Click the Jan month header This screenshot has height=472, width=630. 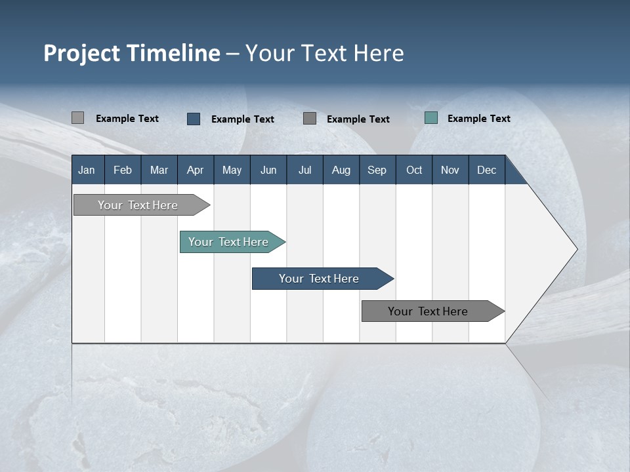click(87, 170)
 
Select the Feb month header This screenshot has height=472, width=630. click(123, 170)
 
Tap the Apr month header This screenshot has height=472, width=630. click(195, 170)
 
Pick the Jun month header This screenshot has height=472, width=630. click(268, 170)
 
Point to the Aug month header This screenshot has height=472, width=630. click(341, 170)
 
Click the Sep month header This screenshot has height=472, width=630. click(377, 170)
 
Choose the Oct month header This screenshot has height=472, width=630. click(414, 170)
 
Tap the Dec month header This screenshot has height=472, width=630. click(486, 170)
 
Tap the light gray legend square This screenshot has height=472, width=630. click(77, 118)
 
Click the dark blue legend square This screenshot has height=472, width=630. click(193, 119)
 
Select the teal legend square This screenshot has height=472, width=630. click(430, 118)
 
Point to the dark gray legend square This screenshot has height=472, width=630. click(310, 118)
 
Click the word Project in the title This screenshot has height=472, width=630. click(81, 53)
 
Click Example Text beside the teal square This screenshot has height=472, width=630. click(478, 119)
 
